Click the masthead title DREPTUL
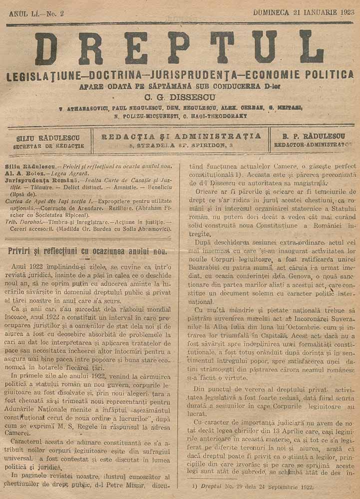(179, 48)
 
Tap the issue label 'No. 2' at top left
(54, 14)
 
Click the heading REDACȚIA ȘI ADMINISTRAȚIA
(181, 136)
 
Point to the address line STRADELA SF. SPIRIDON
(181, 145)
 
